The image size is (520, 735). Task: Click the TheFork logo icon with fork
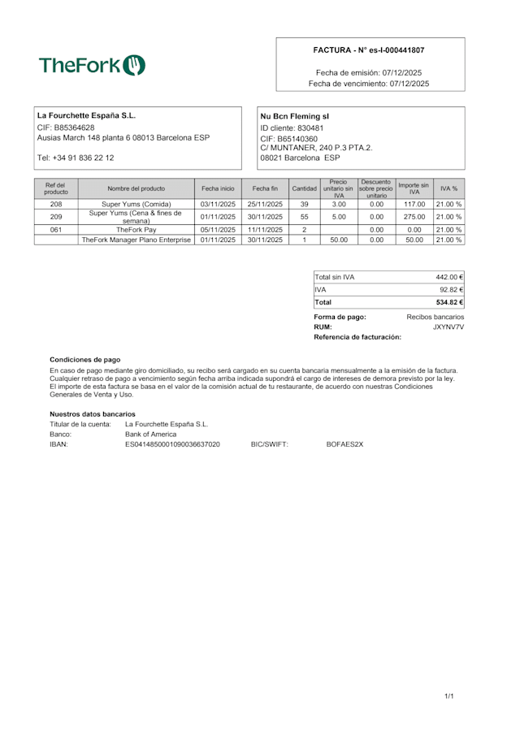134,65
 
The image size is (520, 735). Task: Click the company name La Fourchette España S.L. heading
86,115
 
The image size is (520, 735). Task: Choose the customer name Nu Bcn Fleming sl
294,116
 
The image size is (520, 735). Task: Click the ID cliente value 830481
310,128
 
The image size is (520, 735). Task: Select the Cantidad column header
304,188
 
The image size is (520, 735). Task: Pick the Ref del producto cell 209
56,217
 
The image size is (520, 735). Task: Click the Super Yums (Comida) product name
136,204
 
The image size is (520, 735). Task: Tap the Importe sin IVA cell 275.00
414,217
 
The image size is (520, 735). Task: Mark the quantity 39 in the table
304,204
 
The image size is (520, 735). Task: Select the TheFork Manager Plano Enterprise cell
136,240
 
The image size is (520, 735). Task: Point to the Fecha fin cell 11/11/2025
266,230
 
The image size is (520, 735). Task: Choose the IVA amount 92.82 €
451,289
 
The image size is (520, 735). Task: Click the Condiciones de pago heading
84,358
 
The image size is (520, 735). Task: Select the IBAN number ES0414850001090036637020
172,444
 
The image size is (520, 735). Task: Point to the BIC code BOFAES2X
344,444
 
